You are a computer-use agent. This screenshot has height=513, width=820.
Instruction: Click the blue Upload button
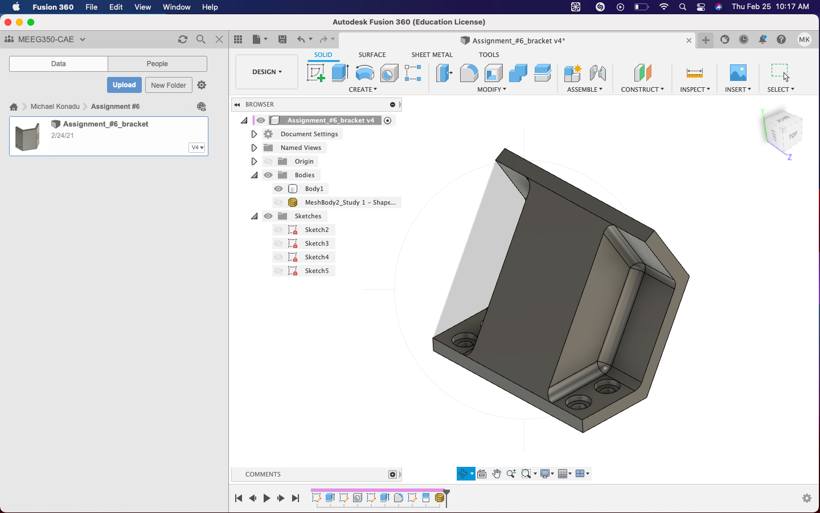click(124, 85)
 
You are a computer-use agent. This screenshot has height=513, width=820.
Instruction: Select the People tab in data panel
click(157, 64)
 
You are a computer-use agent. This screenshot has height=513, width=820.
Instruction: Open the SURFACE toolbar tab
click(372, 55)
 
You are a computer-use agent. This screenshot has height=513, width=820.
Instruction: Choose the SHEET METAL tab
click(432, 55)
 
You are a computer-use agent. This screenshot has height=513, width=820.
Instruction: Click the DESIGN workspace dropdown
click(266, 72)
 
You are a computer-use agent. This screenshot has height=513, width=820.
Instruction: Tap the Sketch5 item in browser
click(317, 271)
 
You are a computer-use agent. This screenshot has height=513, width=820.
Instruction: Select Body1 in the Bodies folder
click(314, 189)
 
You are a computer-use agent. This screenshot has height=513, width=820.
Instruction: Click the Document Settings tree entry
click(309, 134)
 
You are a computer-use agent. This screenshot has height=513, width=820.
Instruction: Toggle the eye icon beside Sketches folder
click(268, 216)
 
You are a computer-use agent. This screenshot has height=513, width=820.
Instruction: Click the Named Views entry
click(301, 148)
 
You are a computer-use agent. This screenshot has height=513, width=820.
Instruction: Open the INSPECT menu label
click(695, 89)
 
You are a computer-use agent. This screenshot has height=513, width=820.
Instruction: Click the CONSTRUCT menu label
click(642, 89)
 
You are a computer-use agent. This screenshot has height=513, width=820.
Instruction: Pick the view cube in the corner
click(784, 131)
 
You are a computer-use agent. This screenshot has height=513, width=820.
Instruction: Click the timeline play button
click(266, 498)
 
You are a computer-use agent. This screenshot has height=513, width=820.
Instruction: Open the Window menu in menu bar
click(177, 7)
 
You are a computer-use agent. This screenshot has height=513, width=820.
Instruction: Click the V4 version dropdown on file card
click(197, 148)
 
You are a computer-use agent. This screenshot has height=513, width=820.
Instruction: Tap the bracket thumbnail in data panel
click(28, 137)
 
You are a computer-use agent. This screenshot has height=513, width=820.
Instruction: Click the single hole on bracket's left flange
click(465, 343)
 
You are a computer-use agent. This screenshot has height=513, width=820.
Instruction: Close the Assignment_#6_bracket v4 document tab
click(689, 40)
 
